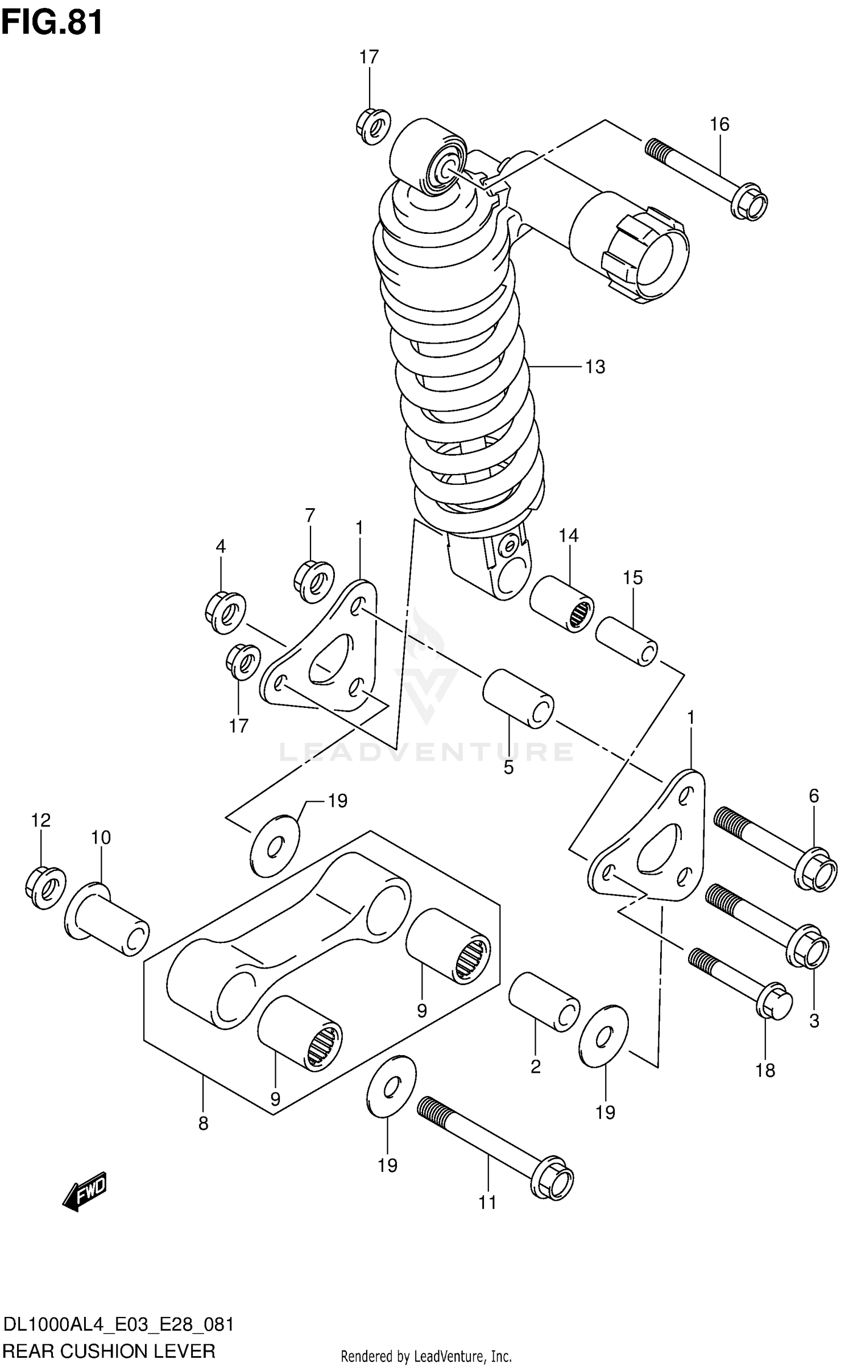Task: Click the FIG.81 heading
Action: (52, 23)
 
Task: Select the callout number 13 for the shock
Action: (595, 367)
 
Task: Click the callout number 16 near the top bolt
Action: (719, 124)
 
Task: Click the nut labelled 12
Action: (45, 888)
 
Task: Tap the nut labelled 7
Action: (314, 581)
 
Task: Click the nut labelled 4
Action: (225, 612)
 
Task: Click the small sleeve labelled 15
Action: (627, 641)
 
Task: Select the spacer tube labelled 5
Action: (518, 698)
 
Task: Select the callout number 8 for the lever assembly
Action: (203, 1123)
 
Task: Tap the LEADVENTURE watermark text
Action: (426, 752)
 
